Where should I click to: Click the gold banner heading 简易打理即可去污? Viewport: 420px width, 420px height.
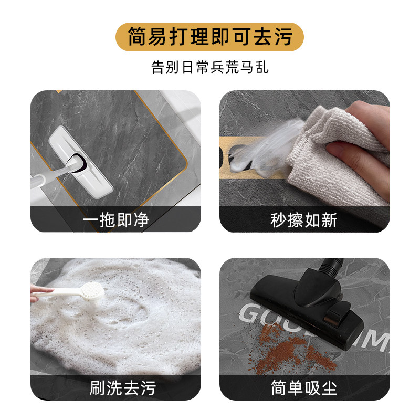point(210,37)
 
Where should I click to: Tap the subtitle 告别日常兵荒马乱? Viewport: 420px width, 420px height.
point(210,68)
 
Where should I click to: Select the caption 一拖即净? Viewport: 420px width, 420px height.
point(115,219)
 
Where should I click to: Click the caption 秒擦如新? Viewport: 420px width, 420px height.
point(304,219)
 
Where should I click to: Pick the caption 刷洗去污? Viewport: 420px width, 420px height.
point(115,388)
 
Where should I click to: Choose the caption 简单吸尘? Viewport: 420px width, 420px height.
point(304,388)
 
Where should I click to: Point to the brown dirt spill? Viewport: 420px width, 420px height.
point(286,349)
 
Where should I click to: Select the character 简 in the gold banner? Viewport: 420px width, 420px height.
point(138,37)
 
